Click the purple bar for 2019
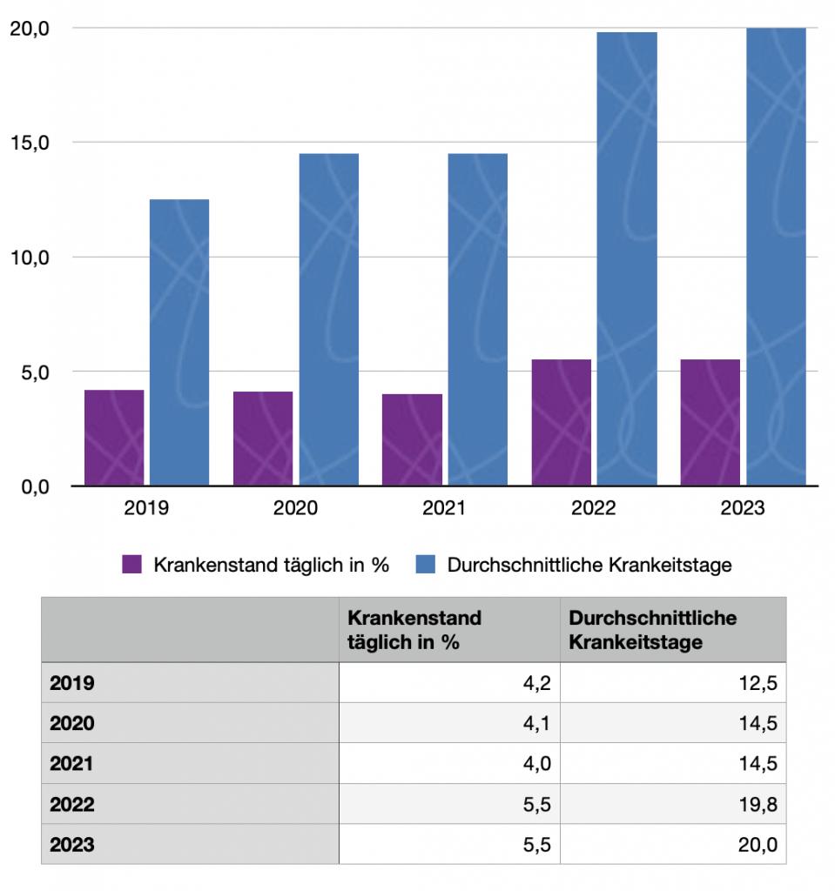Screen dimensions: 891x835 [x=114, y=438]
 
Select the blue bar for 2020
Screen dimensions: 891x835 [x=328, y=319]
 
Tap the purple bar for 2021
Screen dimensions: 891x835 [x=412, y=439]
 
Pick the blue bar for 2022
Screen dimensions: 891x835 [x=627, y=258]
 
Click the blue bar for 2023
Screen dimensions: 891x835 [x=776, y=257]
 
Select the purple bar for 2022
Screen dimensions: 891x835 [x=561, y=422]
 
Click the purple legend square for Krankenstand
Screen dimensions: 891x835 [x=131, y=565]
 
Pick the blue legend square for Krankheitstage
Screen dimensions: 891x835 [x=426, y=565]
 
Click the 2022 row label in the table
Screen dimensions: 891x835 [x=72, y=804]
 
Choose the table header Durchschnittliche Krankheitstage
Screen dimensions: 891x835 [x=652, y=630]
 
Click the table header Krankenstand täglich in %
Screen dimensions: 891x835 [x=414, y=630]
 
